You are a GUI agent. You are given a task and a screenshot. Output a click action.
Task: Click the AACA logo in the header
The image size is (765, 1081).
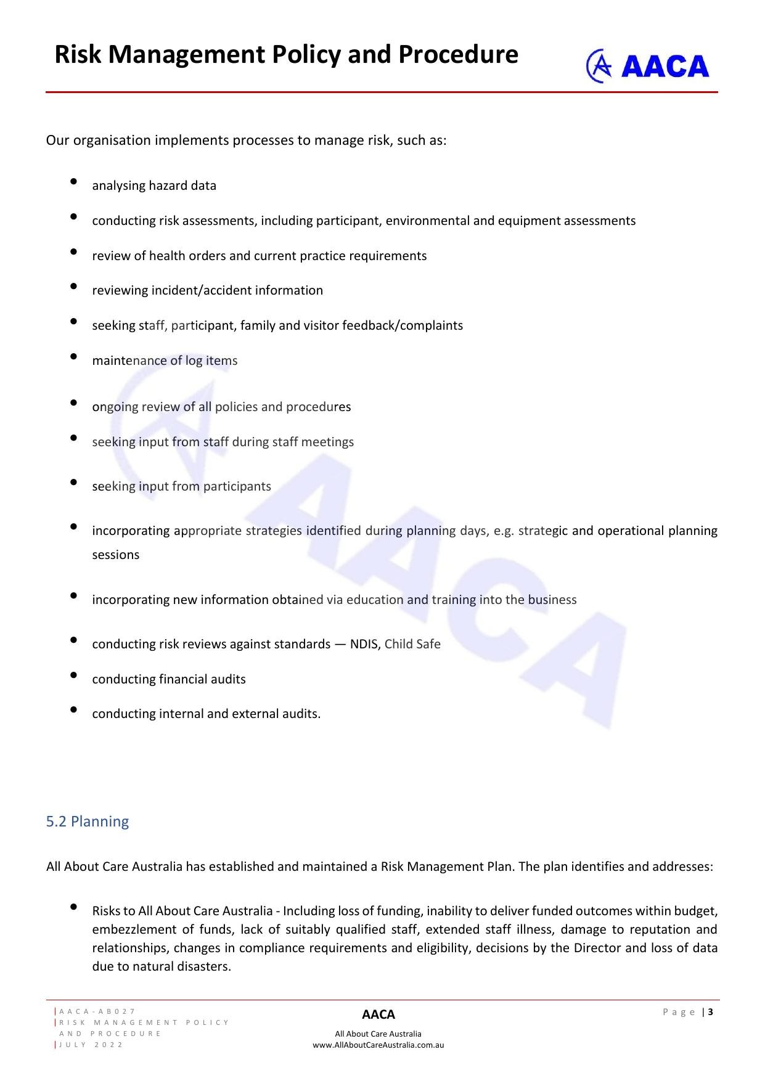(647, 66)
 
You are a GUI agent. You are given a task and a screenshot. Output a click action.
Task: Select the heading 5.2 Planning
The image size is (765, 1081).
(88, 822)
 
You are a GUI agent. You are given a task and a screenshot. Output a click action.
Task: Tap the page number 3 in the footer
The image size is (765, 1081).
(711, 1012)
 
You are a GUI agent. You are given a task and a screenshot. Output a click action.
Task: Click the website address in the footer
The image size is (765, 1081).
(378, 1045)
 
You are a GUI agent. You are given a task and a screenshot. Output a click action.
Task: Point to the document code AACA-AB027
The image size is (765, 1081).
(97, 1011)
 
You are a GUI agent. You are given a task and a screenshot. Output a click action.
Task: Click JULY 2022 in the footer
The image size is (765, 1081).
(91, 1045)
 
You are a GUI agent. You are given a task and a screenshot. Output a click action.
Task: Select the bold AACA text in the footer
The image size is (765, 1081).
(378, 1014)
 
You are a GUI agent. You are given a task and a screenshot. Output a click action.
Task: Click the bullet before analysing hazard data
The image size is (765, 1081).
(74, 181)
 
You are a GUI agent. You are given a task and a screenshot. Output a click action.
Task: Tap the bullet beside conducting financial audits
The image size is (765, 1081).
(74, 675)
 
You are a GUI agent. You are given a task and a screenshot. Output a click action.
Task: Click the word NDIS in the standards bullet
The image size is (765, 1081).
(364, 644)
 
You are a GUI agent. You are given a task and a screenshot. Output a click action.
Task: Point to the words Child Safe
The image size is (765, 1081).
(412, 644)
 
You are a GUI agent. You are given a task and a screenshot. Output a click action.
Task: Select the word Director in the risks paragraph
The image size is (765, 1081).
(597, 948)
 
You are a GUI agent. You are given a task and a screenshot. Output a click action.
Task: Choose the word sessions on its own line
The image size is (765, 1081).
(116, 555)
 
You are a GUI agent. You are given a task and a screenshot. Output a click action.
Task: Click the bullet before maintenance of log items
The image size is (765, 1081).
(74, 356)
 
